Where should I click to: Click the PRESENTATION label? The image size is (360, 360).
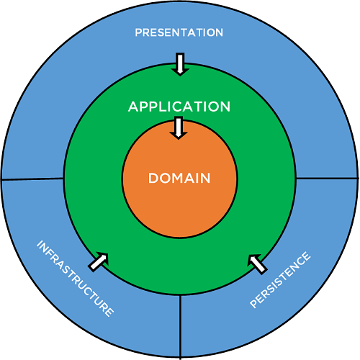point(179,32)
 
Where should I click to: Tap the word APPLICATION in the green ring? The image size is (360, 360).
point(179,107)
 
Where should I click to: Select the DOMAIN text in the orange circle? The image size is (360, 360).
point(179,178)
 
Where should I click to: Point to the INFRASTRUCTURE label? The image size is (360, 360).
point(75,279)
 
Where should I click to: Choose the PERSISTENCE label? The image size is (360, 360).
point(281,280)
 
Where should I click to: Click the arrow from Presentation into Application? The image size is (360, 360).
point(179,65)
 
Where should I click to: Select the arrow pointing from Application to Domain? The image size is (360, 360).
point(179,127)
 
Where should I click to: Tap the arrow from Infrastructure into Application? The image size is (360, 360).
point(100,260)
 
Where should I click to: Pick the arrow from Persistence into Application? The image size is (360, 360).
point(257,264)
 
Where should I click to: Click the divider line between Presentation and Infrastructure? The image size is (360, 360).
point(32,179)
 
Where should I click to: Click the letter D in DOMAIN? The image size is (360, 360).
point(153,178)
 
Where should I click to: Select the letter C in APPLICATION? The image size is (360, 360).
point(184,107)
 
